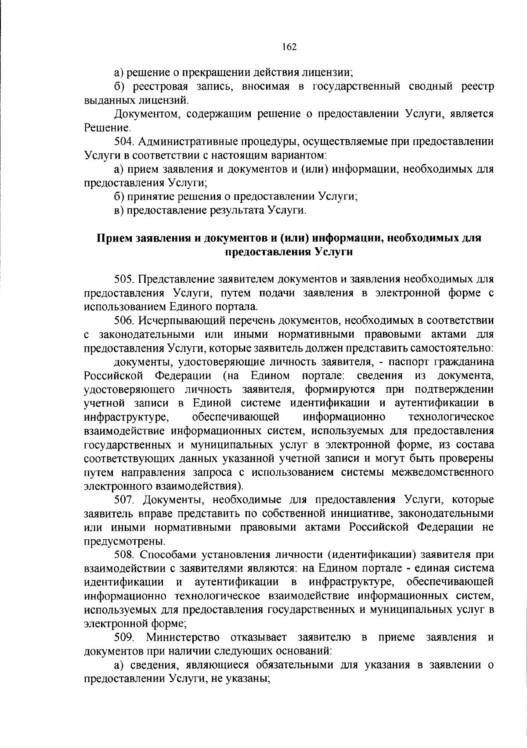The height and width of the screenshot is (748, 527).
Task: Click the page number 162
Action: (290, 47)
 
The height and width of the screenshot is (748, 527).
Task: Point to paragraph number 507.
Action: (124, 500)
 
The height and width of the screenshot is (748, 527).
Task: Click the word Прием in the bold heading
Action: (111, 238)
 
